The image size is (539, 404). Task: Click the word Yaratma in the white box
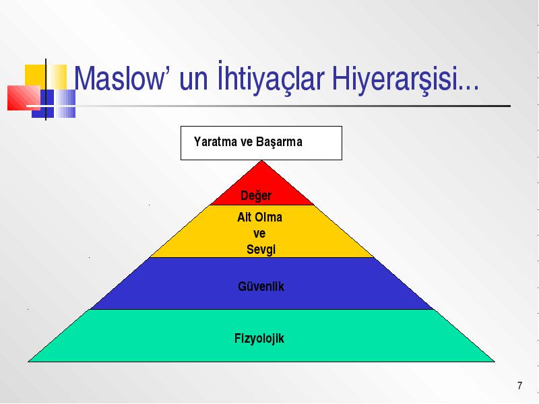pyautogui.click(x=216, y=141)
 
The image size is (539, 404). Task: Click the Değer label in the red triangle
pyautogui.click(x=256, y=195)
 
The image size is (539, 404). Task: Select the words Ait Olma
pyautogui.click(x=259, y=217)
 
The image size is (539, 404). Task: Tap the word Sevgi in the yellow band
pyautogui.click(x=261, y=250)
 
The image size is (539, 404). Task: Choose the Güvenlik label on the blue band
pyautogui.click(x=261, y=286)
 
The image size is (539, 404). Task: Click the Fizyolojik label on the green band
pyautogui.click(x=259, y=339)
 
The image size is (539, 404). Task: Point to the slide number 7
pyautogui.click(x=519, y=385)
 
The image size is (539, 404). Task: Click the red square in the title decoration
pyautogui.click(x=24, y=98)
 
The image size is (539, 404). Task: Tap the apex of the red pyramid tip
pyautogui.click(x=261, y=160)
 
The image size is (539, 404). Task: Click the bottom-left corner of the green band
pyautogui.click(x=28, y=362)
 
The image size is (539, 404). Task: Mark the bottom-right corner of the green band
pyautogui.click(x=495, y=362)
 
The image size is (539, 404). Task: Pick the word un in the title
pyautogui.click(x=193, y=81)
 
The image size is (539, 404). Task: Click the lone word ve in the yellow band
pyautogui.click(x=259, y=234)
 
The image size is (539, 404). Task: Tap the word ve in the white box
pyautogui.click(x=247, y=142)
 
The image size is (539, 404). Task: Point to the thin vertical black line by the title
pyautogui.click(x=46, y=90)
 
